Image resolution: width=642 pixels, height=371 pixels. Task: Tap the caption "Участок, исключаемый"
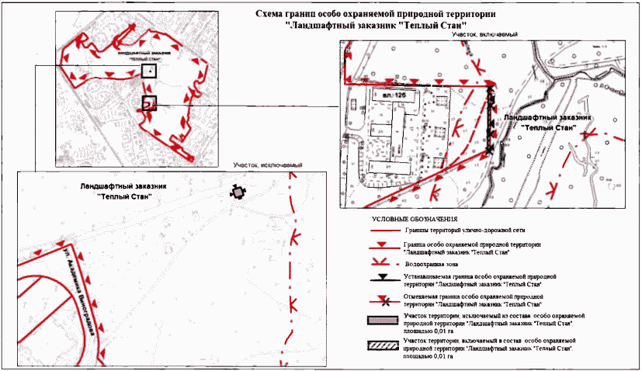tap(267, 165)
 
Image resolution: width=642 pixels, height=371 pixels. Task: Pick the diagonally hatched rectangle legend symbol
tap(383, 343)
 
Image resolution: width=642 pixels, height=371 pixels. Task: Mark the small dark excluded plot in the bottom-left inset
tap(236, 191)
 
